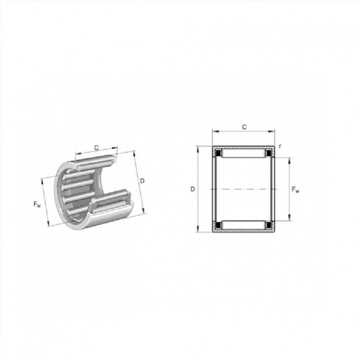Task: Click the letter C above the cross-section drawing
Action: [244, 127]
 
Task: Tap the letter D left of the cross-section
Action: [193, 189]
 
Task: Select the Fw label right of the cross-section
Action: [296, 190]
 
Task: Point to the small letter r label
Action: [280, 146]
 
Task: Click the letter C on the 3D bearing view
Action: [97, 148]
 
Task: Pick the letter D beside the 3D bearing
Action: [142, 181]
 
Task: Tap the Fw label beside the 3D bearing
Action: [37, 204]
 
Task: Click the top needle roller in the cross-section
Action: [243, 154]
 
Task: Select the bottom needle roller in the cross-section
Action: [243, 224]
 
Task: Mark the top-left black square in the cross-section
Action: [218, 152]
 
